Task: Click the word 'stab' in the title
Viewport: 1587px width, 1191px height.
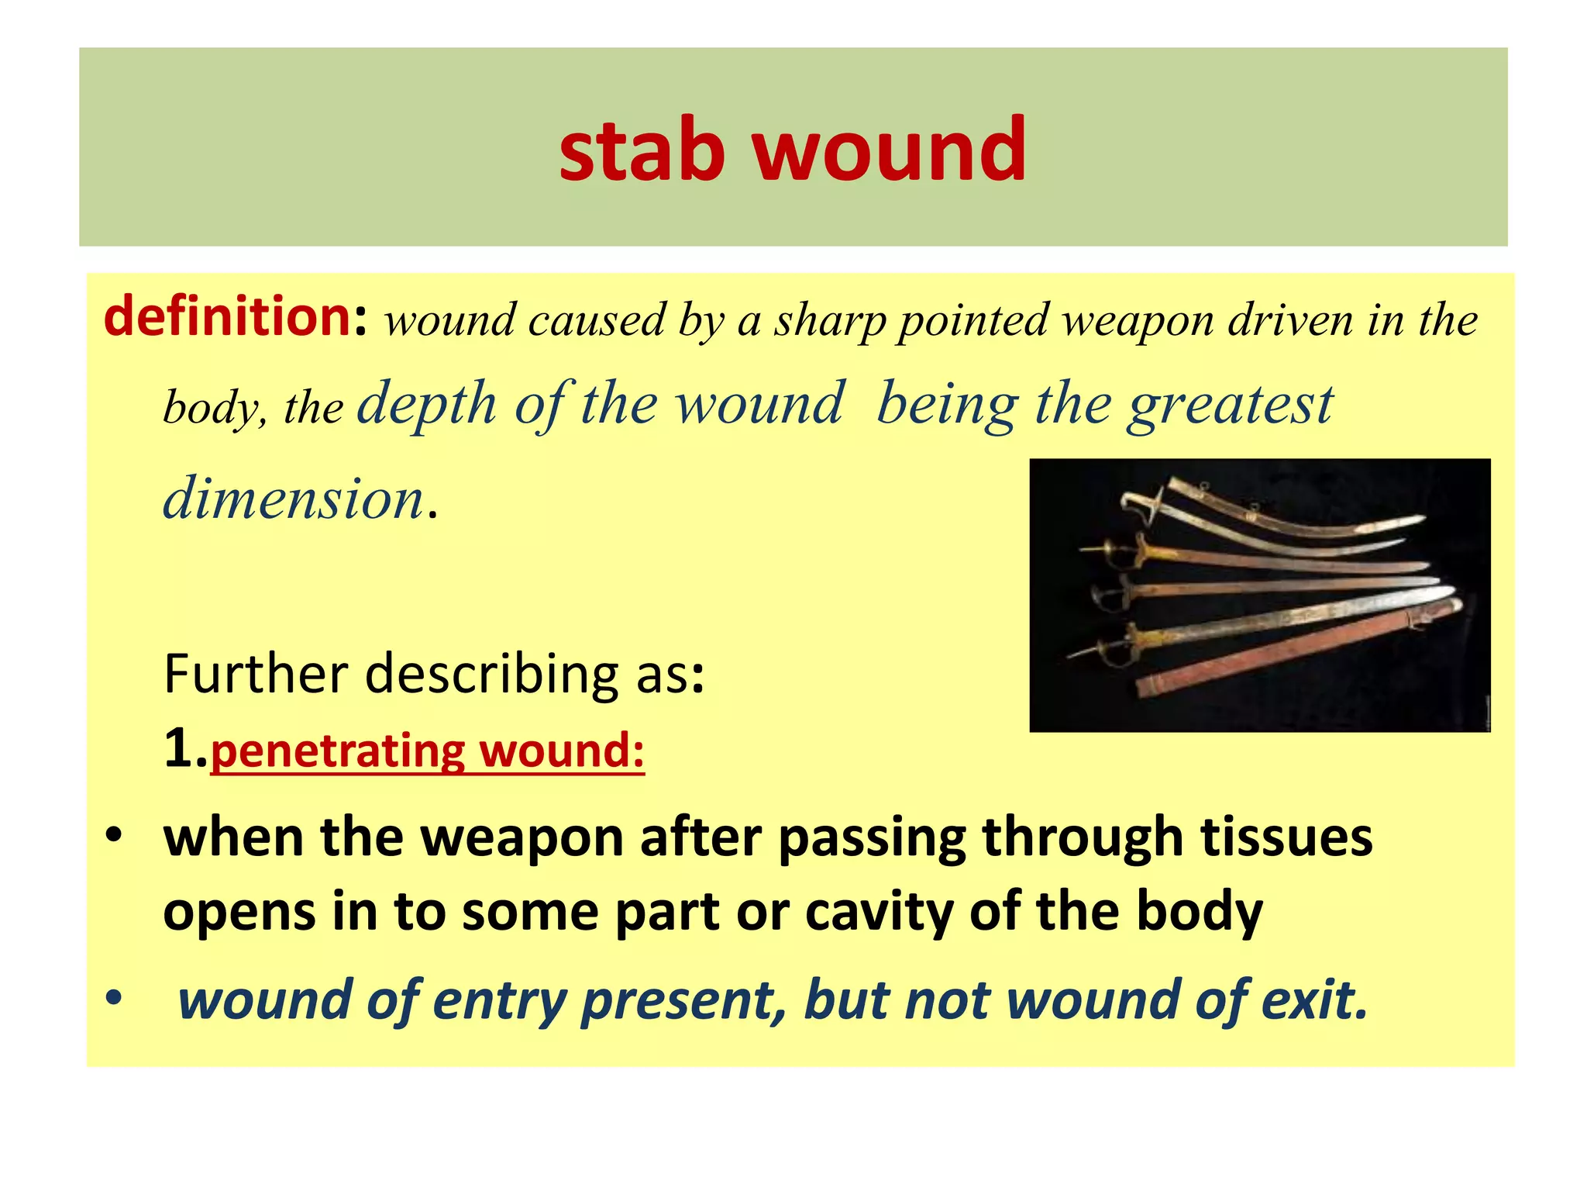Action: click(642, 149)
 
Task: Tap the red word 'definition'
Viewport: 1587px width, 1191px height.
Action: click(228, 318)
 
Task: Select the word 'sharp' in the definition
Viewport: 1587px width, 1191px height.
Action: click(829, 321)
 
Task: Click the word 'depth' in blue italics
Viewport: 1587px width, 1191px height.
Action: click(426, 404)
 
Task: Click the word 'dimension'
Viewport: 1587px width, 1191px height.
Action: click(293, 498)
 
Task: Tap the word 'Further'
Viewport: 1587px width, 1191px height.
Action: click(256, 673)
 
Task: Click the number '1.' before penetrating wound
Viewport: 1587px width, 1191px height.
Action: click(184, 749)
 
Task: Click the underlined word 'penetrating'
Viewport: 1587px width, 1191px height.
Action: click(337, 751)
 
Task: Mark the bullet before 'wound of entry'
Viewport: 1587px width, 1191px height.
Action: click(114, 999)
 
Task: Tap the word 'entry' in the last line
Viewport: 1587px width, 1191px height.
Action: click(499, 999)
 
